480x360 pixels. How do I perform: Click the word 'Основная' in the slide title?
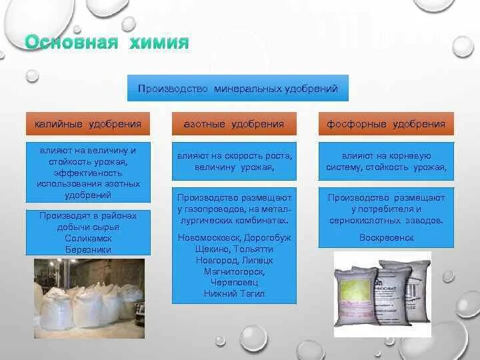pyautogui.click(x=71, y=43)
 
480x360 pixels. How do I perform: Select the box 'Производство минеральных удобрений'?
pyautogui.click(x=238, y=88)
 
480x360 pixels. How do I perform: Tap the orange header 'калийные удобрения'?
pyautogui.click(x=83, y=124)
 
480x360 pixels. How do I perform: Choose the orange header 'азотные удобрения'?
pyautogui.click(x=233, y=124)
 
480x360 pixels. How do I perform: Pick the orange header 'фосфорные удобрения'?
pyautogui.click(x=386, y=124)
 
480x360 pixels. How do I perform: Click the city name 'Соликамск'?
pyautogui.click(x=84, y=238)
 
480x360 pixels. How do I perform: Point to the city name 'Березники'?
pyautogui.click(x=84, y=249)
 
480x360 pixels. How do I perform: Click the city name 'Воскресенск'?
pyautogui.click(x=386, y=237)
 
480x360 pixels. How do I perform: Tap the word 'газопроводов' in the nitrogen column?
pyautogui.click(x=214, y=209)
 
